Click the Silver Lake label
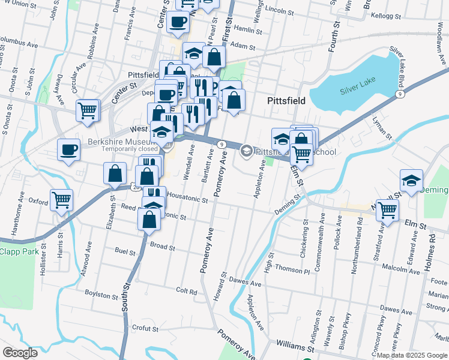357,91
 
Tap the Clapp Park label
16,253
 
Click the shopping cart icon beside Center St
88,110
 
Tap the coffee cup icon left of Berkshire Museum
69,149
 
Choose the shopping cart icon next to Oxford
61,200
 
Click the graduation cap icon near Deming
411,180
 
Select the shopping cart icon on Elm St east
387,210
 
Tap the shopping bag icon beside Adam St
214,58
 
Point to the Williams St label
295,347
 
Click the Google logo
20,353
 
